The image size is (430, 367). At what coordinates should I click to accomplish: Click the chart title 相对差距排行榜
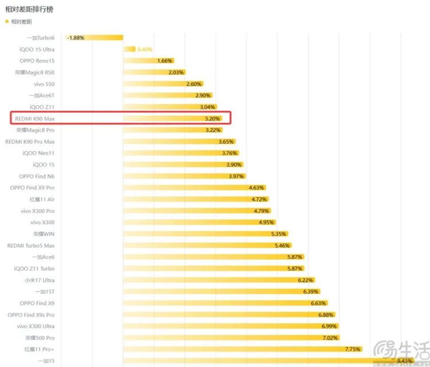tap(29, 9)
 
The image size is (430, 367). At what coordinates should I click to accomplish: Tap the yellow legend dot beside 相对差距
tap(7, 22)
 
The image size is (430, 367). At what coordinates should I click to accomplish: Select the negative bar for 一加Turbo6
tap(94, 37)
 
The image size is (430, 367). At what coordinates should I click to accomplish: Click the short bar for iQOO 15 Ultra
tap(129, 49)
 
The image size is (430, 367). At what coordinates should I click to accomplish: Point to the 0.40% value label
tap(145, 49)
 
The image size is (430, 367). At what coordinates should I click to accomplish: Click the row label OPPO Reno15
tap(37, 61)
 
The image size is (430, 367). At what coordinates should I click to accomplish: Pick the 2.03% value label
tap(176, 73)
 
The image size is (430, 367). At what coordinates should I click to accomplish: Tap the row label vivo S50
tap(44, 84)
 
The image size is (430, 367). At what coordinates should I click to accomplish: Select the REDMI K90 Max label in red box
tap(35, 118)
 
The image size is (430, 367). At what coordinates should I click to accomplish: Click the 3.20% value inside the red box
tap(212, 118)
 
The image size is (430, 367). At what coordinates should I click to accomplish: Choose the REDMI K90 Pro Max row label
tap(30, 142)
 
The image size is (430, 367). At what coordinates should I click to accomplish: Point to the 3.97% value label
tap(236, 176)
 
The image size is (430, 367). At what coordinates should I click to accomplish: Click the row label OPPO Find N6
tap(37, 176)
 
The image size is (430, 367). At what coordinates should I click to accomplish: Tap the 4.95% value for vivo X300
tap(266, 222)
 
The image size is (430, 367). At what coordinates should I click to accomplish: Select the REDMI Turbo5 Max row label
tap(31, 246)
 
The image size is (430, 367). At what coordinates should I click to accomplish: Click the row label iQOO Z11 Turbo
tap(34, 268)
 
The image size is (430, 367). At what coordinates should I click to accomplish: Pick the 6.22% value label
tap(305, 280)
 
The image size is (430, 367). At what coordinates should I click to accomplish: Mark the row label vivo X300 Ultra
tap(36, 326)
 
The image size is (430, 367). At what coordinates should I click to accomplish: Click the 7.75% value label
tap(353, 349)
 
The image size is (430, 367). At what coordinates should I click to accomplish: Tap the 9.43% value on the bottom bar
tap(405, 361)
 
